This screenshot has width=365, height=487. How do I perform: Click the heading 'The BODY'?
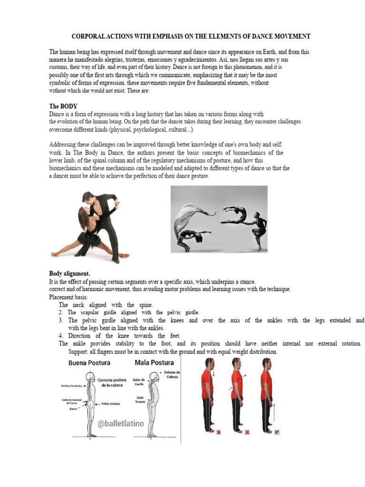click(63, 107)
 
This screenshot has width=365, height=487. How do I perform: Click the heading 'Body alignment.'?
click(69, 273)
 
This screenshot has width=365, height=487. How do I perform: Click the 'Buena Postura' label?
click(89, 363)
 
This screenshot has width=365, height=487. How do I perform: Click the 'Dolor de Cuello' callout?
click(139, 382)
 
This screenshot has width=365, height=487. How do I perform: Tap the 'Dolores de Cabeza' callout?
click(172, 374)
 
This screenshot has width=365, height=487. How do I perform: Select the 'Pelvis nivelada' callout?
click(110, 403)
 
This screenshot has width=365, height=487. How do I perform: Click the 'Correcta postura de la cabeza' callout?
click(113, 383)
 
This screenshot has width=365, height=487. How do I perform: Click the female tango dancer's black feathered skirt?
click(90, 237)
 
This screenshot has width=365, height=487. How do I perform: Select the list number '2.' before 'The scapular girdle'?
click(61, 312)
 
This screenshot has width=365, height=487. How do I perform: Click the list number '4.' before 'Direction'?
click(61, 336)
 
